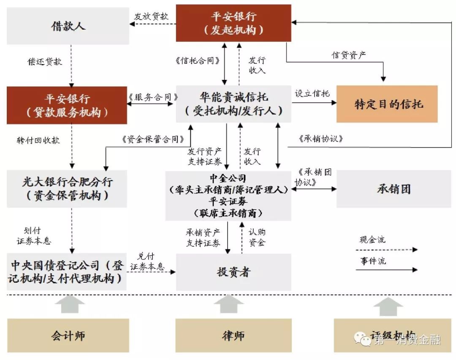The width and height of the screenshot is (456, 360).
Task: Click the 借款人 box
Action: [68, 25]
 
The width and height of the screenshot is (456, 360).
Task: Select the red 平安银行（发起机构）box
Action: [233, 23]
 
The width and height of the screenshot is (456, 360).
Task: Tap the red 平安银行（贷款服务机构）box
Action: [67, 105]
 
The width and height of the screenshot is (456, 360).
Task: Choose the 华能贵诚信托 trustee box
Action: [233, 104]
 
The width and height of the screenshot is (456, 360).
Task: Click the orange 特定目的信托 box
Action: [387, 104]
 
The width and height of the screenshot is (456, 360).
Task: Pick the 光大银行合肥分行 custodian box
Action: [67, 188]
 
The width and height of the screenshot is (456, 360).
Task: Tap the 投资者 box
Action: [233, 272]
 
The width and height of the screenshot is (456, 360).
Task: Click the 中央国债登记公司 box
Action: [67, 272]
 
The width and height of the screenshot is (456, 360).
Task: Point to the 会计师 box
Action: [68, 335]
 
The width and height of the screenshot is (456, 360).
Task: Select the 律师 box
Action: [233, 335]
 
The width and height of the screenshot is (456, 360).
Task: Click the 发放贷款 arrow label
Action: [152, 16]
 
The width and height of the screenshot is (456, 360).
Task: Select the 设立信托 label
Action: [312, 94]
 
